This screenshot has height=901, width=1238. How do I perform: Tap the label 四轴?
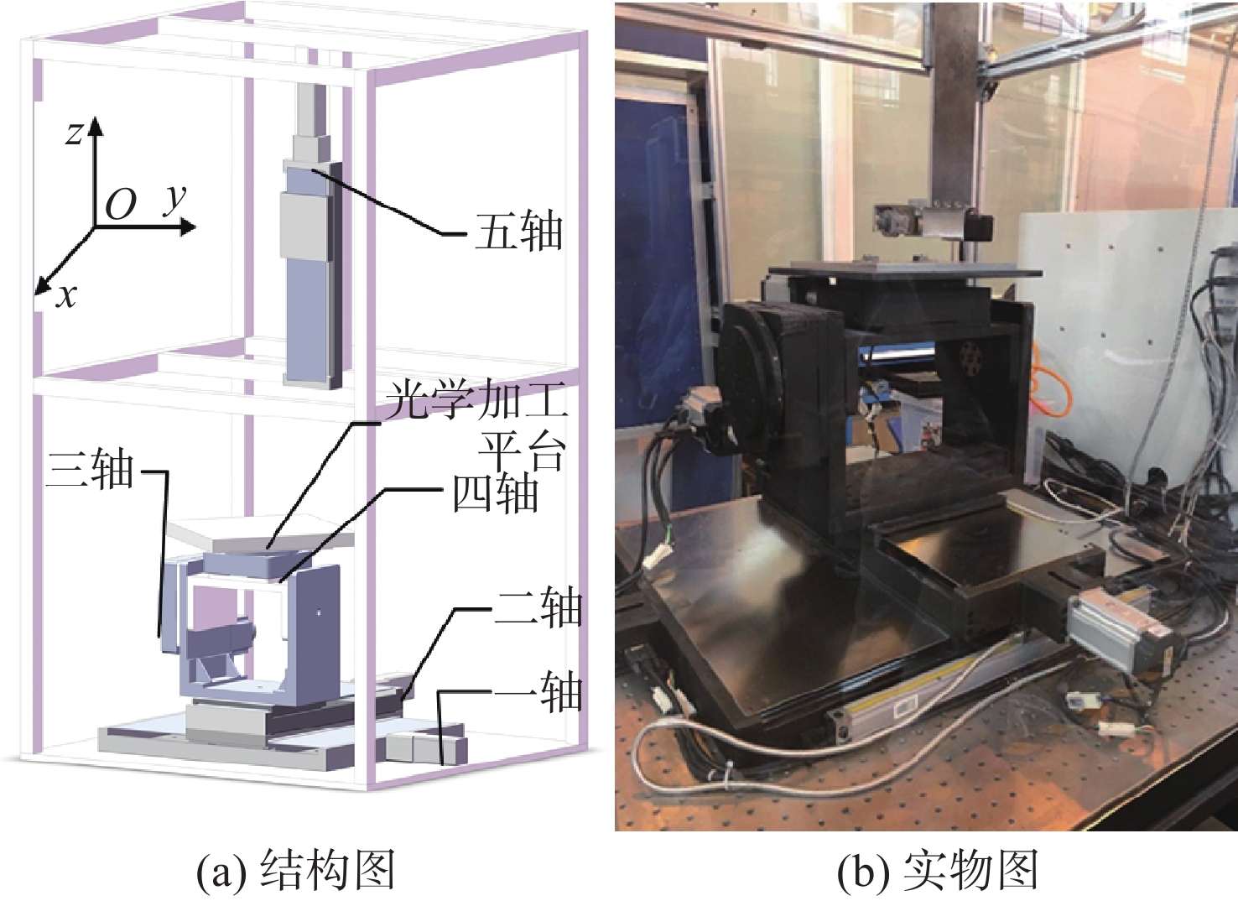[x=495, y=493]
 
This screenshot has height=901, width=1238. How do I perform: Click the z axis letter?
[x=74, y=134]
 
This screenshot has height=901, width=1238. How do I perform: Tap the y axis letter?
[x=175, y=201]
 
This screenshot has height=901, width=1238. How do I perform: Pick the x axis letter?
[x=67, y=297]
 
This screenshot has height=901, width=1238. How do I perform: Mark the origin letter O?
[x=121, y=205]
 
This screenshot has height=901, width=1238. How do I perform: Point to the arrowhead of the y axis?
[x=187, y=227]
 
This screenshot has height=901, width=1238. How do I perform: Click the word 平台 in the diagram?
[x=522, y=451]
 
